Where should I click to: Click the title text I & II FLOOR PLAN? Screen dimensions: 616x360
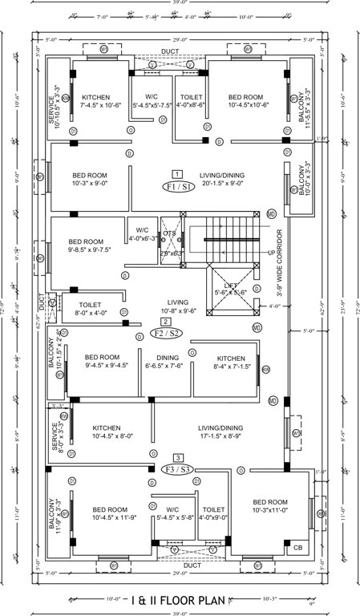point(179,598)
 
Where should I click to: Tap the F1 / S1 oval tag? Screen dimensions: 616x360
point(176,186)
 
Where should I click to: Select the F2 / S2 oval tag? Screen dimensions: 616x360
point(164,331)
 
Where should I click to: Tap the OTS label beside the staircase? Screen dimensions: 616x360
point(169,234)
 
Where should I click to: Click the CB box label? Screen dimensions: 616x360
point(298,547)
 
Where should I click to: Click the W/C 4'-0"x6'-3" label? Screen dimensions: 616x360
point(143,233)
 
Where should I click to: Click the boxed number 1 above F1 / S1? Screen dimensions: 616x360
point(176,173)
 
